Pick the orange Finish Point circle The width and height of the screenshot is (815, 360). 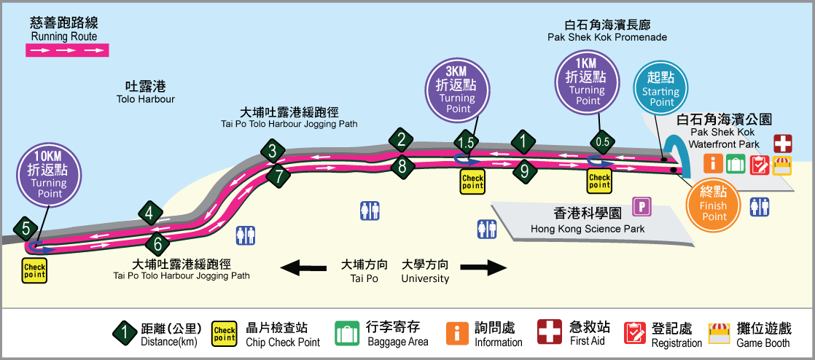(714, 204)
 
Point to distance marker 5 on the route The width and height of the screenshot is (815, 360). (26, 229)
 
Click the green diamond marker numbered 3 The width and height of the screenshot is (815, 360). (273, 152)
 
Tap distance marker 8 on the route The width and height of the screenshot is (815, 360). (402, 167)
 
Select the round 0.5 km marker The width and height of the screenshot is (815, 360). (603, 141)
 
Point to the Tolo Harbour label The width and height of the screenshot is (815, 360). (146, 92)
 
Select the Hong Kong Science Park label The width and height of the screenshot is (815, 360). (577, 222)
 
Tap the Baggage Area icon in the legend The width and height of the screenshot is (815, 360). (347, 333)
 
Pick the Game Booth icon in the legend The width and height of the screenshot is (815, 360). (720, 333)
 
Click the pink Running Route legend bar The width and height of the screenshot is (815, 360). (68, 51)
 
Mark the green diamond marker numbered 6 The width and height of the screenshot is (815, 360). (157, 243)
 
